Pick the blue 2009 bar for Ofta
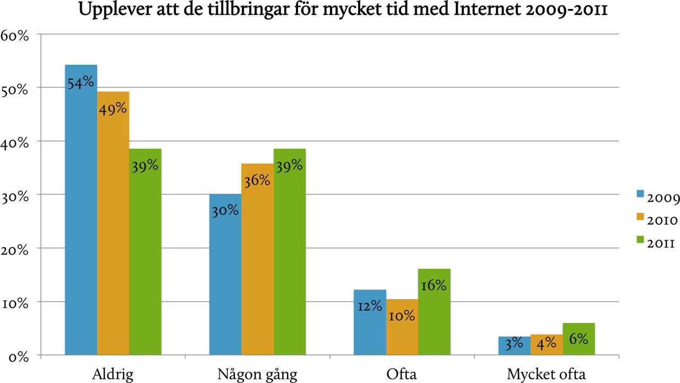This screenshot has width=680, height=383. coord(370,329)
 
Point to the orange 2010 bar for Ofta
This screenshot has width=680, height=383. coord(402,335)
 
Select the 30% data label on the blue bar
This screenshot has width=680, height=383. coord(225,210)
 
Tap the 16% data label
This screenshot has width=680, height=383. coord(433,285)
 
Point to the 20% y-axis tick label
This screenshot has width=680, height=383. coord(18,250)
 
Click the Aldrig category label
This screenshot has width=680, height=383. coord(113,374)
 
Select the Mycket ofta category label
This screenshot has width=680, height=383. coord(546,374)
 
